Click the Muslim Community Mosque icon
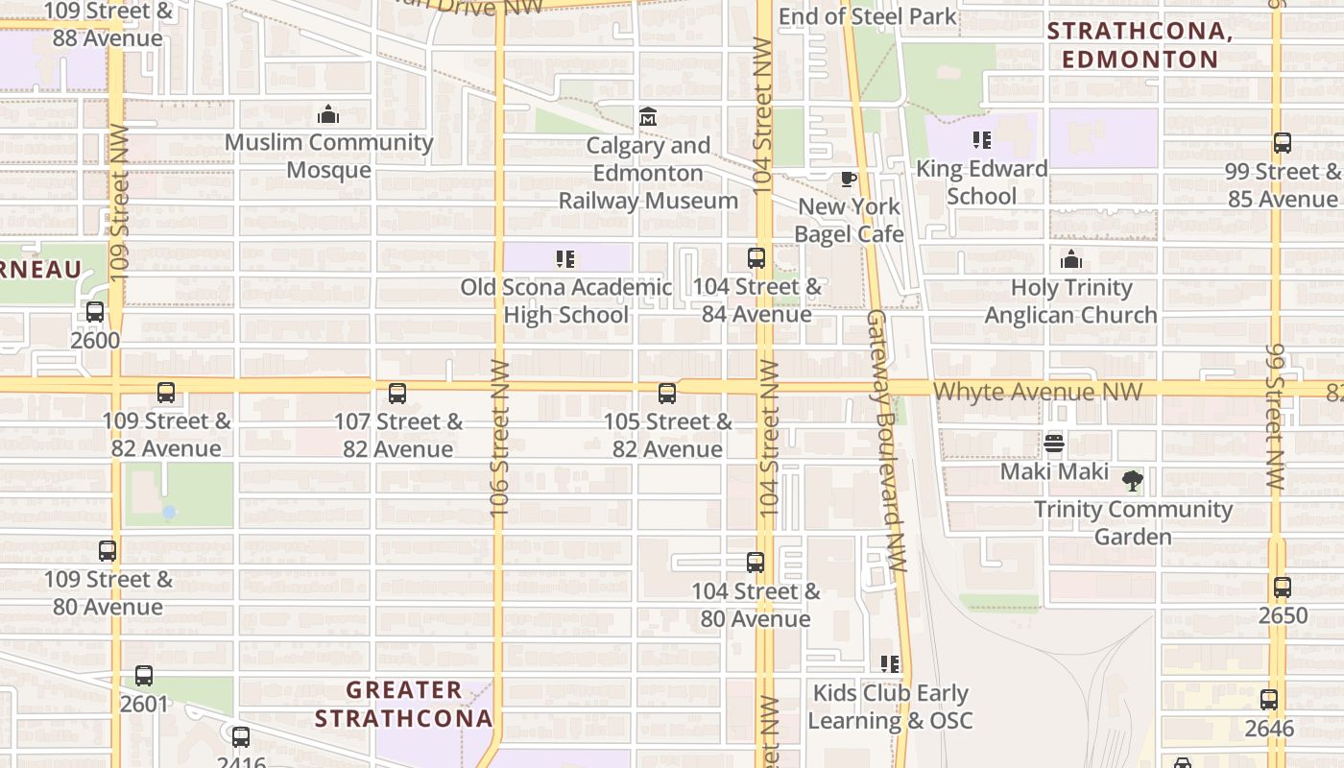(x=328, y=115)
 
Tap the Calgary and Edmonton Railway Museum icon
(x=648, y=118)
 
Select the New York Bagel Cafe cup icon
(x=849, y=179)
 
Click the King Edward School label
(x=981, y=181)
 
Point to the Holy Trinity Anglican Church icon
(x=1071, y=259)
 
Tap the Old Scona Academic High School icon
(x=565, y=259)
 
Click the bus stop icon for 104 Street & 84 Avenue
(x=756, y=258)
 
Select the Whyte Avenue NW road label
(x=1038, y=392)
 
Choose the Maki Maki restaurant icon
(x=1054, y=444)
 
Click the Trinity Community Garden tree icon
(x=1133, y=481)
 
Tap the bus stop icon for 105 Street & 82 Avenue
(x=667, y=394)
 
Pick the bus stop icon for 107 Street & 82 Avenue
(x=397, y=394)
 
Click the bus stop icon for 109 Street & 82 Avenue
(x=166, y=393)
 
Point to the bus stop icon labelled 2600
(x=95, y=312)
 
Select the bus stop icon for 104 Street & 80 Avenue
(x=756, y=563)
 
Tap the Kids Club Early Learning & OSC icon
(x=890, y=664)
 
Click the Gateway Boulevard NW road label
(x=885, y=442)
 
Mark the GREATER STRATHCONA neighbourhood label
(x=404, y=704)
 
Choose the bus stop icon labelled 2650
(x=1283, y=588)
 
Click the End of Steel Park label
(x=868, y=16)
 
